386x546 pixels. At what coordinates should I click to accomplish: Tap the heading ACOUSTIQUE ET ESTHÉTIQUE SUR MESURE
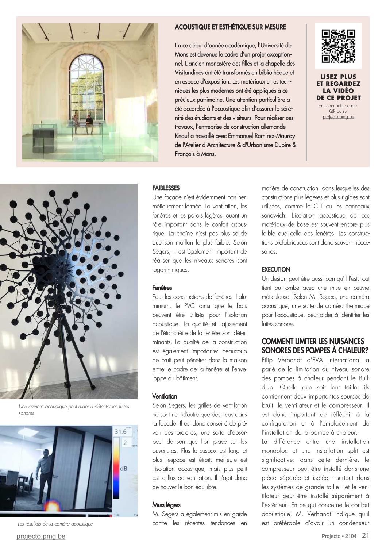pyautogui.click(x=230, y=27)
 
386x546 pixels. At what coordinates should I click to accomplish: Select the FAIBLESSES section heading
pyautogui.click(x=166, y=188)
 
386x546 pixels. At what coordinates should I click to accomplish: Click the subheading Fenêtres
pyautogui.click(x=162, y=288)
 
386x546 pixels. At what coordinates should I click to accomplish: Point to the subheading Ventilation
pyautogui.click(x=165, y=396)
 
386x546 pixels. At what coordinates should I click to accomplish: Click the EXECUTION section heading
pyautogui.click(x=276, y=270)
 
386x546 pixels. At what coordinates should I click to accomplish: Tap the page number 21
pyautogui.click(x=366, y=536)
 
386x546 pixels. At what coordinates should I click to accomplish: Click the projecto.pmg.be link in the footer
pyautogui.click(x=41, y=536)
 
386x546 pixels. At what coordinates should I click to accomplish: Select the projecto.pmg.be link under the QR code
pyautogui.click(x=338, y=117)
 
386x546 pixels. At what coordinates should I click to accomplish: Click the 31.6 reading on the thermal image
pyautogui.click(x=120, y=432)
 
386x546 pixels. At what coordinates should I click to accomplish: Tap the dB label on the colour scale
pyautogui.click(x=124, y=468)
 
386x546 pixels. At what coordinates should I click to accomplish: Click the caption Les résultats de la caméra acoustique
pyautogui.click(x=55, y=524)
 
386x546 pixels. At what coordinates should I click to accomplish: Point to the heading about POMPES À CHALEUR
pyautogui.click(x=315, y=346)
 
